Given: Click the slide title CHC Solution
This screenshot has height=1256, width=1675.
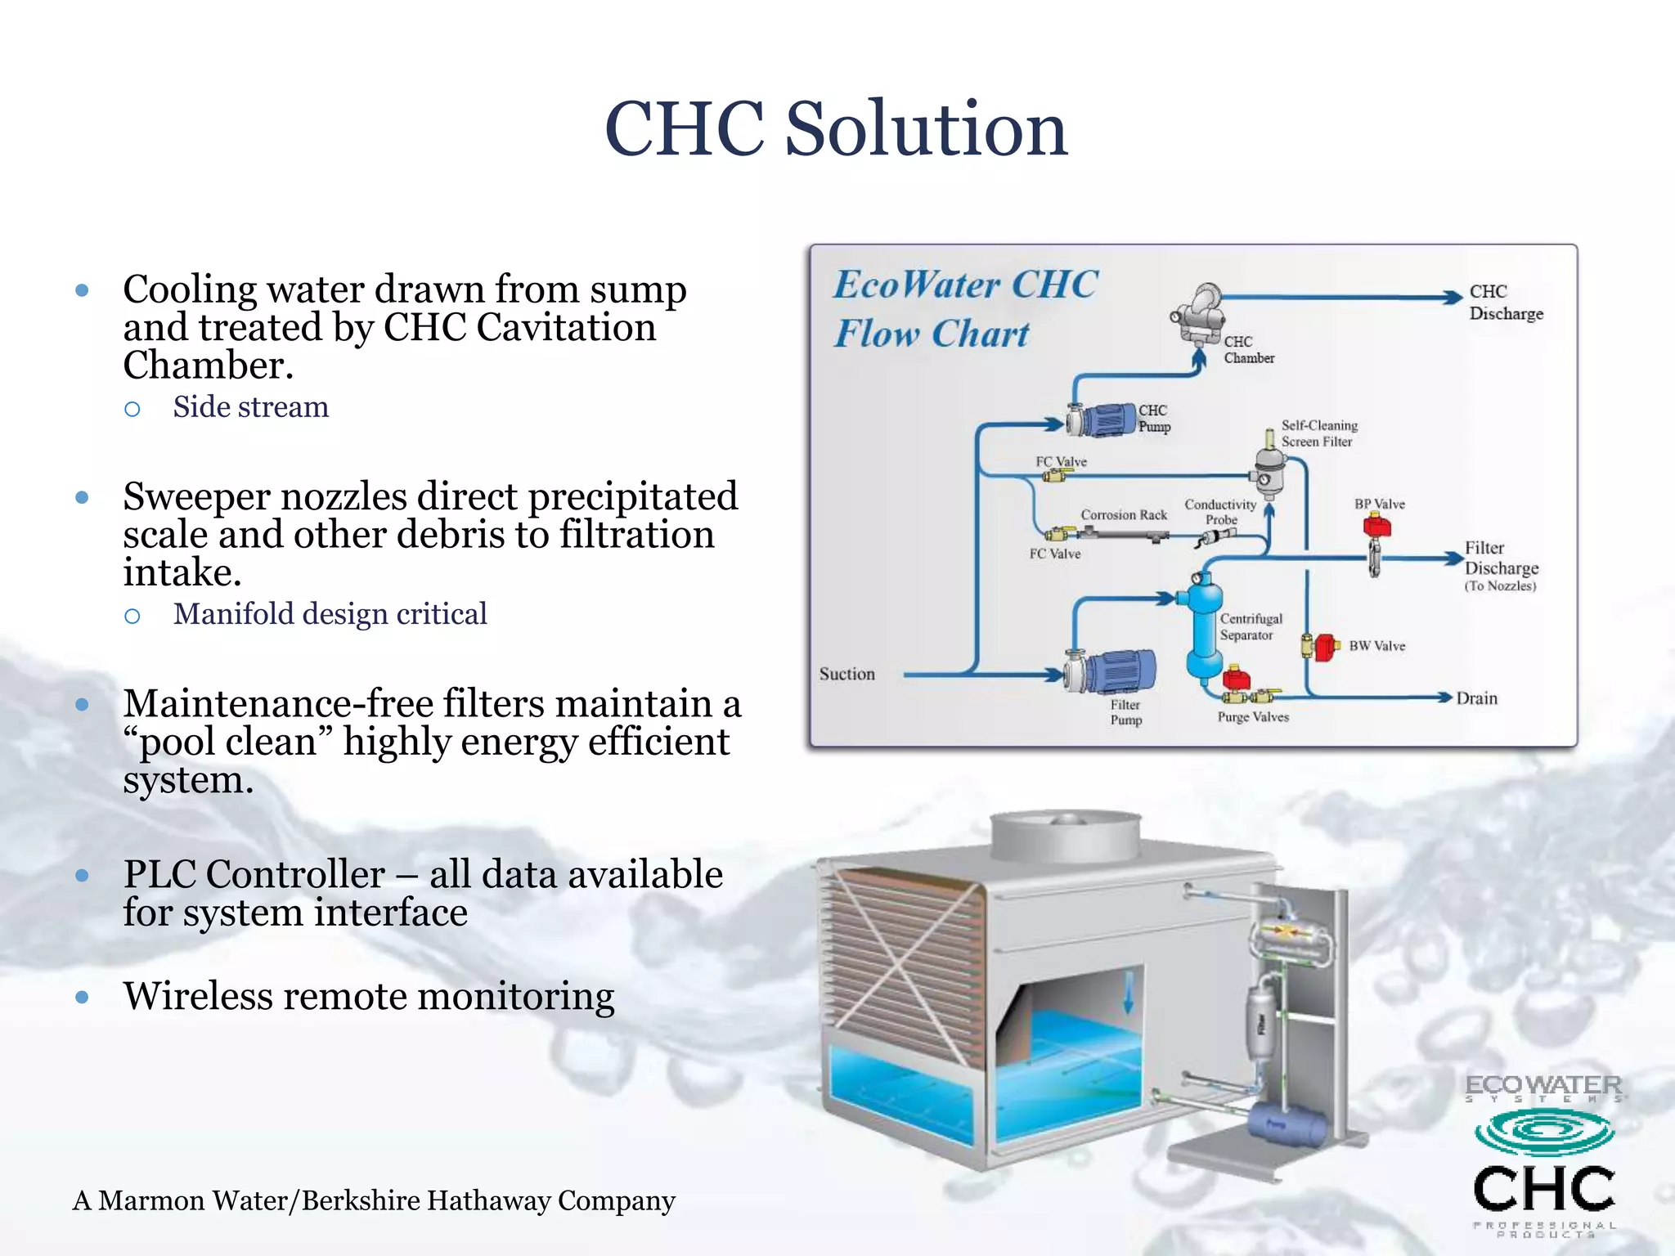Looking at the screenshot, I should click(x=836, y=129).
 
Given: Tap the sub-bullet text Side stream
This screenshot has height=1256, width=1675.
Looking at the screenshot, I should click(x=250, y=407).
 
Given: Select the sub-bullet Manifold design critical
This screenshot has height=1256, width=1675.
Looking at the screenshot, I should click(x=330, y=614).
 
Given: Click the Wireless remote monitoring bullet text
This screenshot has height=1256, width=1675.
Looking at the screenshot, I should click(x=368, y=997).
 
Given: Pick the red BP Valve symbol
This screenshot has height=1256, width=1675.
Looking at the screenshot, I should click(x=1377, y=525).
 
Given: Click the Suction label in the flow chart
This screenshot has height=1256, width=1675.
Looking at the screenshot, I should click(x=847, y=674).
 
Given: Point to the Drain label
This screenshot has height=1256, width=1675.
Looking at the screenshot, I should click(x=1477, y=698).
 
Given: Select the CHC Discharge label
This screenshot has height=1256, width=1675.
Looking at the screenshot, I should click(x=1506, y=303).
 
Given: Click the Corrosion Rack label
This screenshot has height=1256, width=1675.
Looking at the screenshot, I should click(x=1124, y=515).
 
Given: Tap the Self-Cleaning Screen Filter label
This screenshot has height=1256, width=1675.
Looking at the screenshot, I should click(x=1318, y=433).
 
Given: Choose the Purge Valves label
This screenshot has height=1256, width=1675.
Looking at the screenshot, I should click(x=1253, y=717).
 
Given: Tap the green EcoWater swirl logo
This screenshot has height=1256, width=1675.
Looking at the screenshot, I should click(x=1544, y=1132).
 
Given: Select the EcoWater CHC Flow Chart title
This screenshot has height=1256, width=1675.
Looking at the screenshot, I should click(x=965, y=309).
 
